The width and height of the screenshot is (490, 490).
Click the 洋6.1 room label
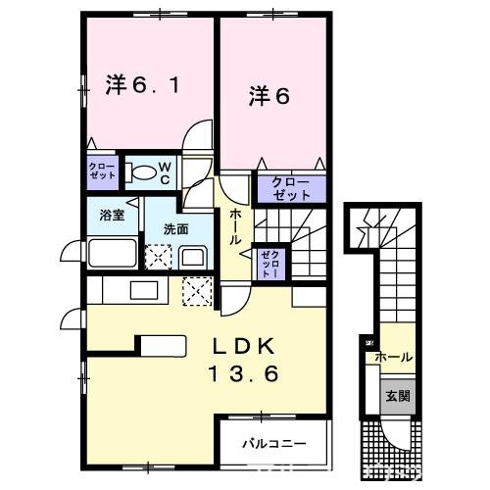click(143, 85)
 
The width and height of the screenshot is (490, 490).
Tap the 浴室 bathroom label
click(111, 216)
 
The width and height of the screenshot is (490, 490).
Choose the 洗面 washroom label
click(176, 228)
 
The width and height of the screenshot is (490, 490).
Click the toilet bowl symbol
click(143, 174)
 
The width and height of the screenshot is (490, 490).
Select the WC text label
click(166, 173)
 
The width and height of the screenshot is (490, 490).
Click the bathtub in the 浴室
click(113, 254)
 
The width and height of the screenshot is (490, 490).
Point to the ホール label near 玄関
click(394, 357)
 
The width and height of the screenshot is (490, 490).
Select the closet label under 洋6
click(284, 188)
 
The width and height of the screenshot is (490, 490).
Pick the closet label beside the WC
click(102, 171)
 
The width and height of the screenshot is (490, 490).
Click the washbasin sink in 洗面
click(191, 258)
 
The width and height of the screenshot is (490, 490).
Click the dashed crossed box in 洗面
click(157, 258)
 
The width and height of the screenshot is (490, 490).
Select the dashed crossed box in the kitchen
click(198, 290)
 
